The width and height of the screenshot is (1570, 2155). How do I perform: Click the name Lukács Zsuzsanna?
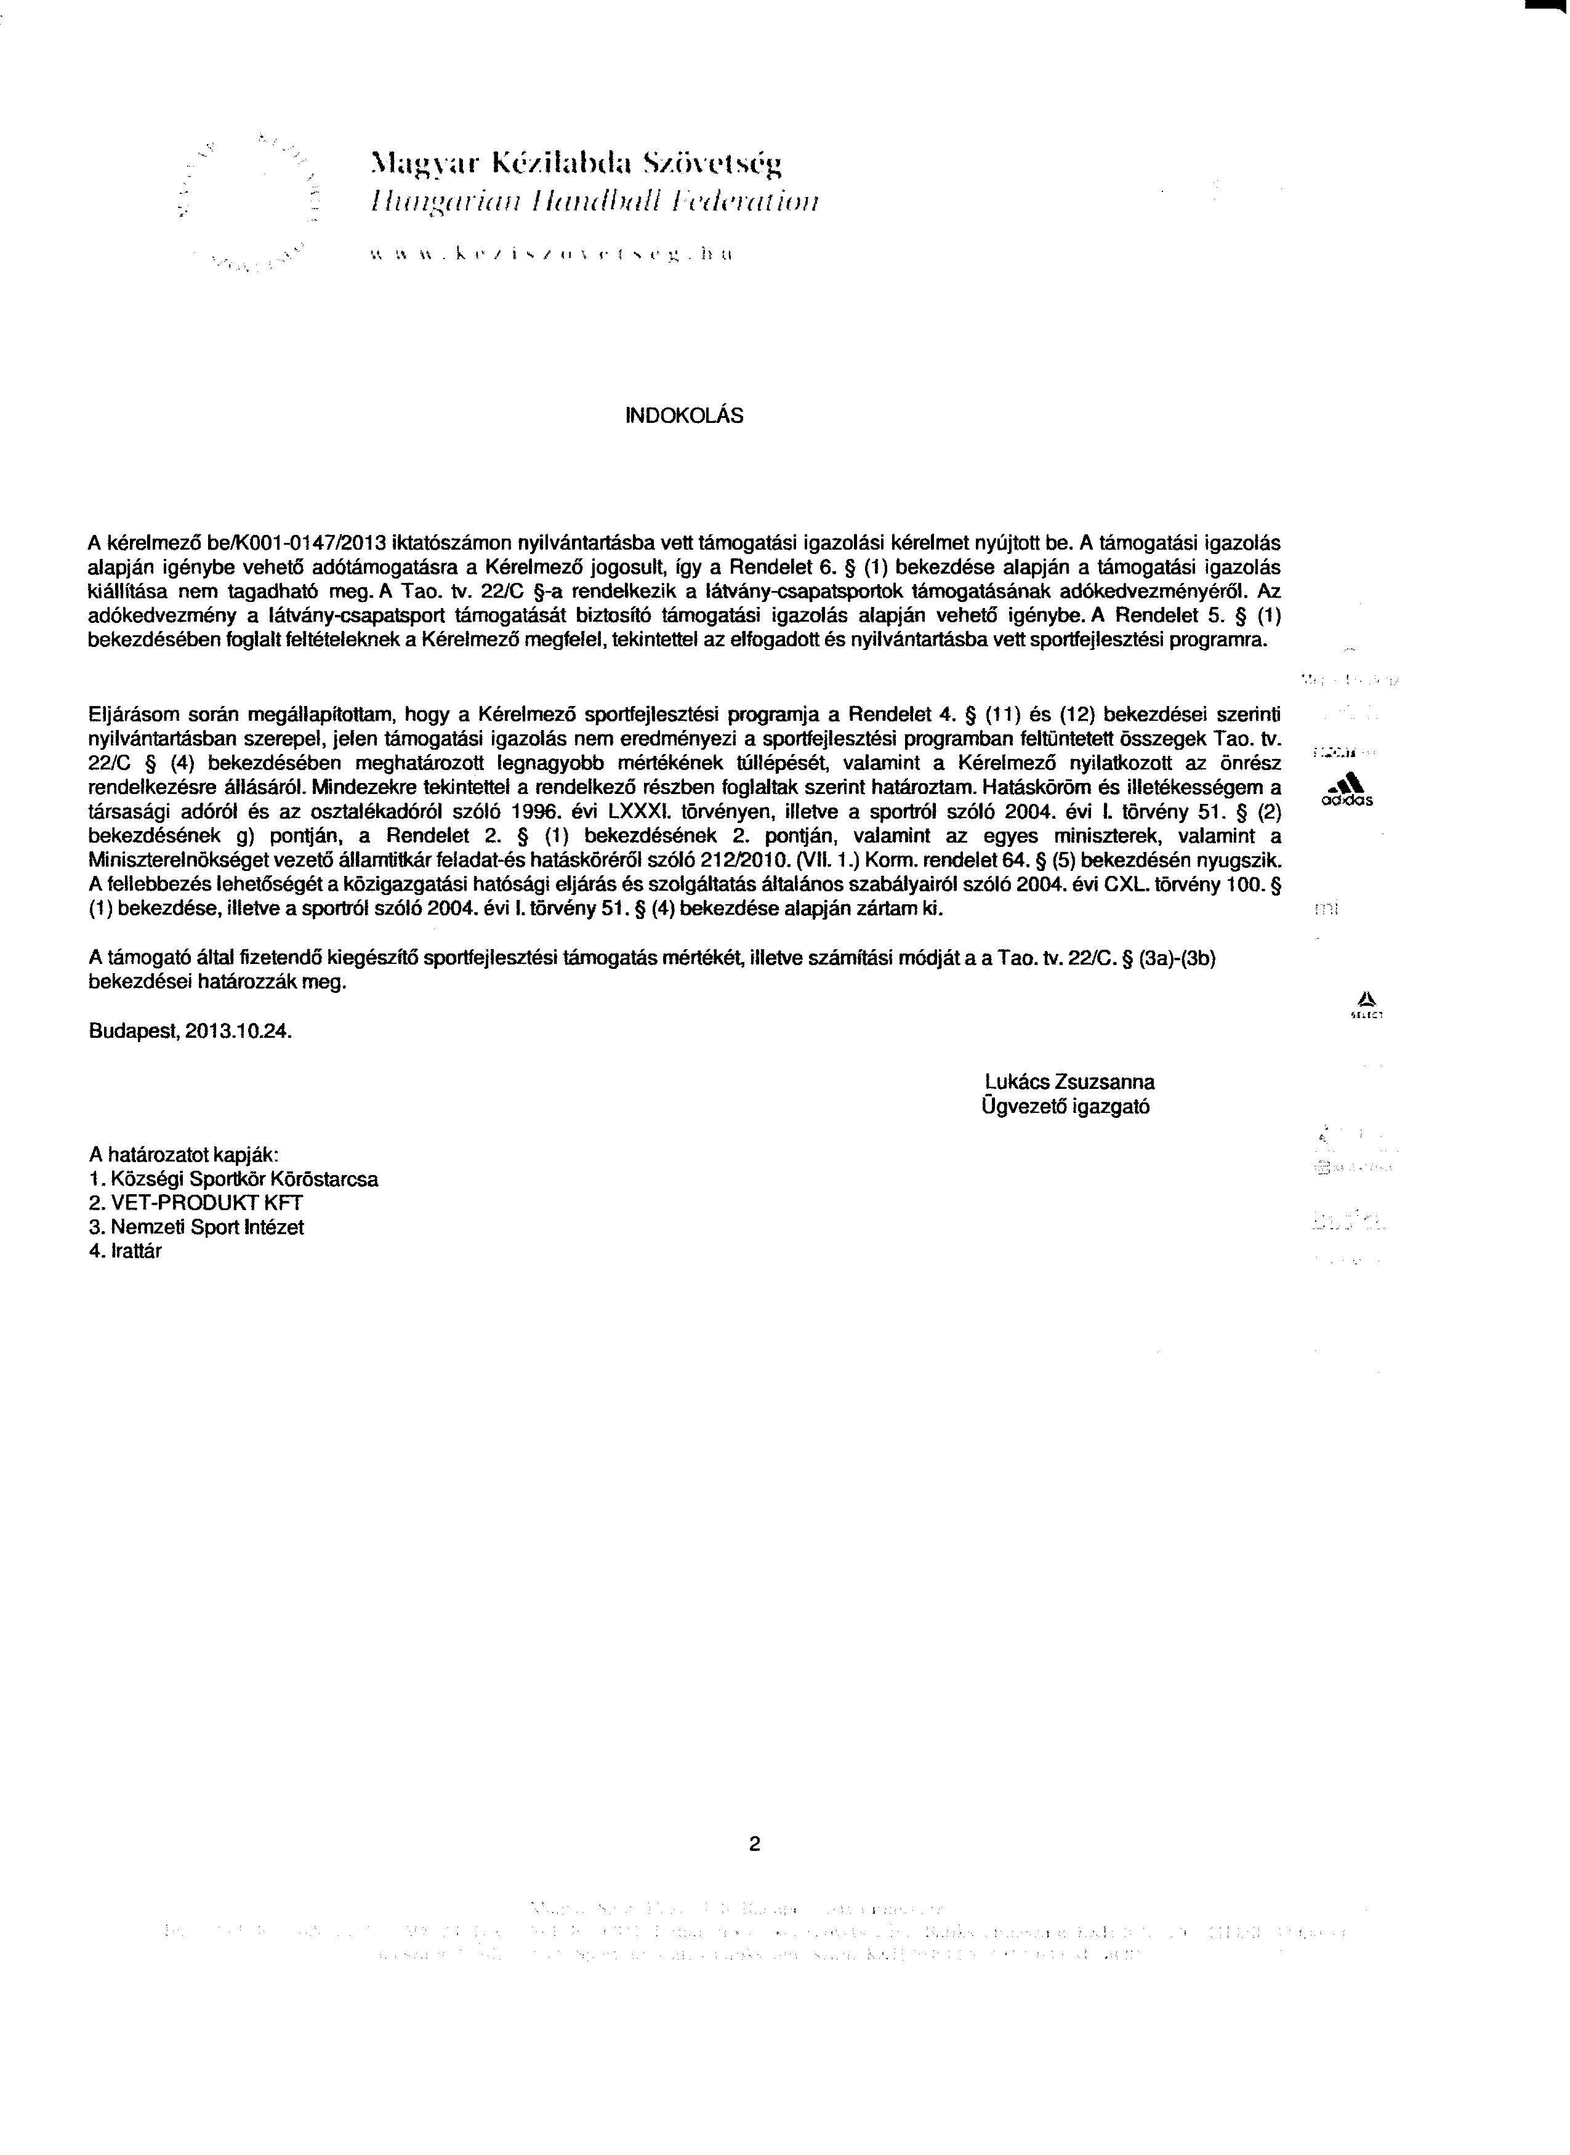coord(1070,1082)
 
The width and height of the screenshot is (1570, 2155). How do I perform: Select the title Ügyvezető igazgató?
coord(1066,1107)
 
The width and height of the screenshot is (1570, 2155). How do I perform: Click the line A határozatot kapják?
coord(183,1155)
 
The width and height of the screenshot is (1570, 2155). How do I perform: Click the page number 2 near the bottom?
coord(755,1845)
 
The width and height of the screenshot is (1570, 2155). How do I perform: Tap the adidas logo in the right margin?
coord(1347,790)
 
